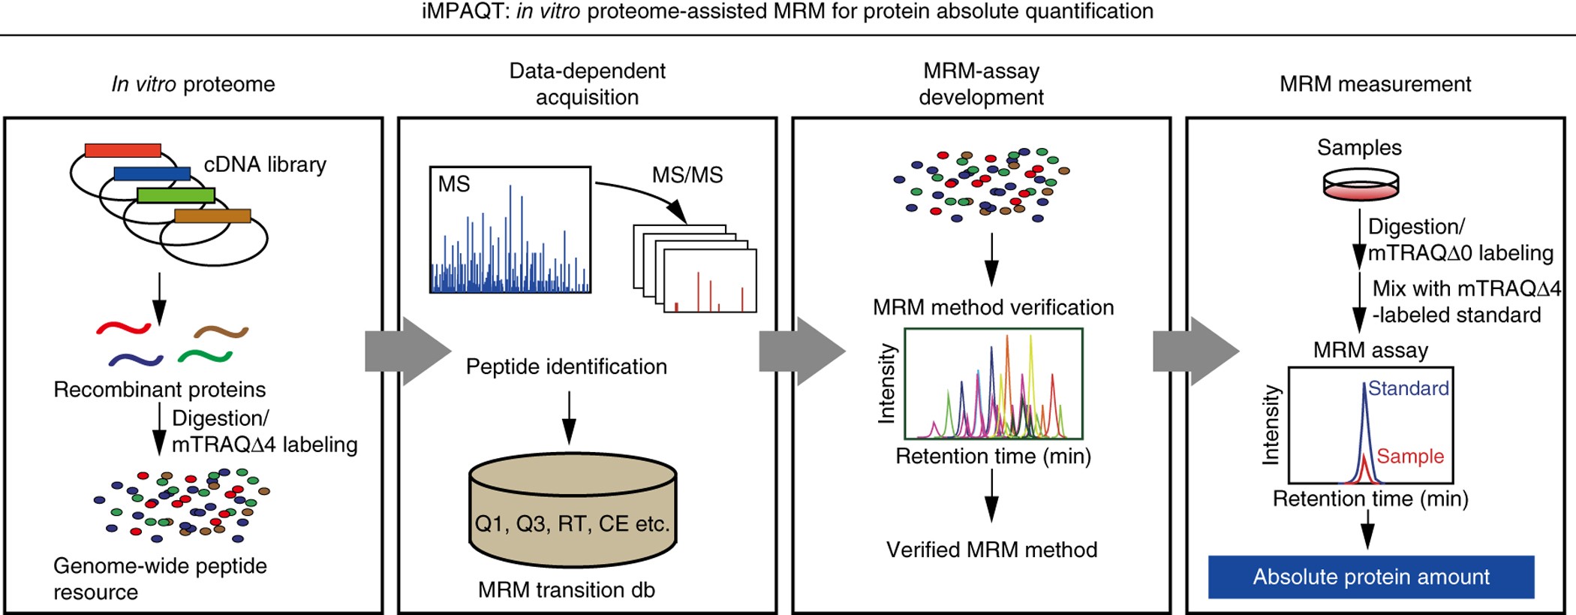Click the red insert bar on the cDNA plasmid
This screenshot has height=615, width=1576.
tap(122, 150)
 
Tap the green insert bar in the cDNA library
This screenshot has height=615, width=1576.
tap(176, 195)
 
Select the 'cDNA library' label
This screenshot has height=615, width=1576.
tap(265, 164)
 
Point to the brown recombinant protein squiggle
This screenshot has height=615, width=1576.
tap(221, 331)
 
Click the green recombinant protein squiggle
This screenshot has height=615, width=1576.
tap(205, 355)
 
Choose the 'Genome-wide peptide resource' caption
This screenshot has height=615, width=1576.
tap(160, 578)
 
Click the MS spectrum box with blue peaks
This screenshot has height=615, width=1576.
tap(510, 229)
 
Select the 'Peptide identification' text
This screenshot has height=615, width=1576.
tap(566, 366)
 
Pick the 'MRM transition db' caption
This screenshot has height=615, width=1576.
tap(566, 589)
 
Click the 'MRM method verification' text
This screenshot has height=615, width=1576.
tap(992, 307)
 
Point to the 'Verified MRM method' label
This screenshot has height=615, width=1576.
tap(991, 550)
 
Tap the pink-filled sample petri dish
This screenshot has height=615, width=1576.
tap(1360, 185)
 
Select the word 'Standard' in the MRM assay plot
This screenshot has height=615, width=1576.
tap(1407, 388)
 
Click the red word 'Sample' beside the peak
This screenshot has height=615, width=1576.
tap(1409, 456)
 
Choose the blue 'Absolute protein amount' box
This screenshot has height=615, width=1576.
tap(1370, 577)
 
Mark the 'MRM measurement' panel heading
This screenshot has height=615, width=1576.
tap(1375, 84)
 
